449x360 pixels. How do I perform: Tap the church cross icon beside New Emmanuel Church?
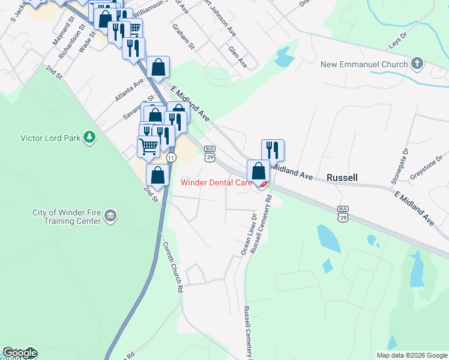coord(417,64)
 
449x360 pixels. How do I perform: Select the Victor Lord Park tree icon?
coord(89,137)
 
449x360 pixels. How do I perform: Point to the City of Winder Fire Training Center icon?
coord(110,216)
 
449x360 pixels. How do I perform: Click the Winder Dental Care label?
coord(215,183)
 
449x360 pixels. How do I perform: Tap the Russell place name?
coord(342,178)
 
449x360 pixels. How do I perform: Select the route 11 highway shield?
coord(171,157)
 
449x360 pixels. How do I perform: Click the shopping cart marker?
coord(148,146)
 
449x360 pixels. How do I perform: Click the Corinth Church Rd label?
coord(172,266)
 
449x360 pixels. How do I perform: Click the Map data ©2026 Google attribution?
coord(412,355)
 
